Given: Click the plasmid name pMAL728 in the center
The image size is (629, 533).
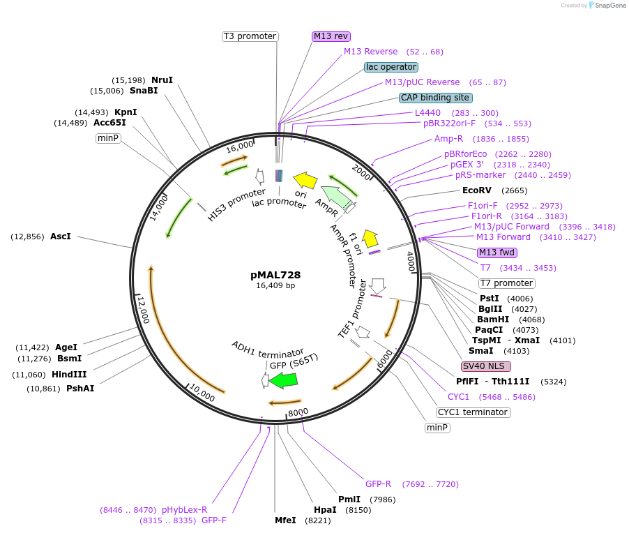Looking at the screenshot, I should point(275,275).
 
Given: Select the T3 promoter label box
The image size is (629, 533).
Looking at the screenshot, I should point(250,36).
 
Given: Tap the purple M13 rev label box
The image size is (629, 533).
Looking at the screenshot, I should point(331,36).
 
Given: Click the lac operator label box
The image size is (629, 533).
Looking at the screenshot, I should point(391,67).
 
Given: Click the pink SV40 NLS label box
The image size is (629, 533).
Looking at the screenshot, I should point(486,366).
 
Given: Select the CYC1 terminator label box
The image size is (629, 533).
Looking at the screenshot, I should point(473,412).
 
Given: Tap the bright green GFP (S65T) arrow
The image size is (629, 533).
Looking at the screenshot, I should point(283,380).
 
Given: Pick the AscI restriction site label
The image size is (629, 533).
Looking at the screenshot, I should point(61,237).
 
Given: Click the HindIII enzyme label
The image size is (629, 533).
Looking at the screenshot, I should point(69,375).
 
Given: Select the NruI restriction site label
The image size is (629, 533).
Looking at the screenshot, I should point(162,80).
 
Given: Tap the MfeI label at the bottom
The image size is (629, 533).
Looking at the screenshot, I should point(285,520).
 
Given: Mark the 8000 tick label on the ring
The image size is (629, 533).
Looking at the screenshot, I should point(298,412).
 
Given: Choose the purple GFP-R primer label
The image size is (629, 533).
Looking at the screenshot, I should point(378,483).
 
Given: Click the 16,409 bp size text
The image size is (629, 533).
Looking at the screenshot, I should point(275,285).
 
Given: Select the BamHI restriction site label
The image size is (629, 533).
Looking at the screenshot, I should point(492,320).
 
